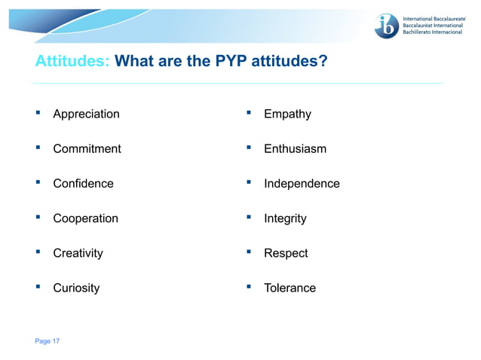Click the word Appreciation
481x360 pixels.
[86, 114]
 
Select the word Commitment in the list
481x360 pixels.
[87, 148]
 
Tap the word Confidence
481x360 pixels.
[83, 183]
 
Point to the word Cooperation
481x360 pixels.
[85, 218]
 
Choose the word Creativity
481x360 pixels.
[78, 253]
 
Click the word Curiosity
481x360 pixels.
[76, 288]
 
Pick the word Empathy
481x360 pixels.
[287, 114]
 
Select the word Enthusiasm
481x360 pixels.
[295, 148]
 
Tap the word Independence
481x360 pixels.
[302, 183]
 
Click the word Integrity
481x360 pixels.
[285, 218]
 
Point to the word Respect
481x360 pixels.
[286, 253]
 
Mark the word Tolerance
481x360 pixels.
[290, 288]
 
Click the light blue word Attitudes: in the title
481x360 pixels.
[73, 60]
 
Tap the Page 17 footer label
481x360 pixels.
[47, 341]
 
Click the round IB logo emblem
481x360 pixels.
[387, 26]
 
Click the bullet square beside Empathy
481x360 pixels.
[248, 113]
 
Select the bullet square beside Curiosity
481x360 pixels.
[37, 287]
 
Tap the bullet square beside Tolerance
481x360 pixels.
[248, 287]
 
